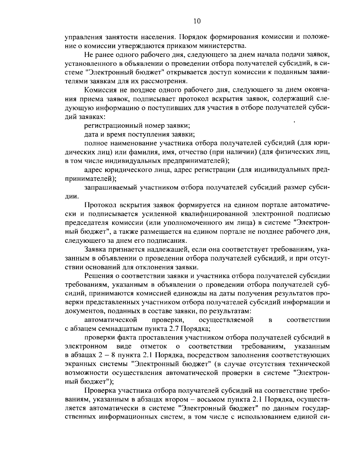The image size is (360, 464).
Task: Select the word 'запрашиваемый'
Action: click(107, 187)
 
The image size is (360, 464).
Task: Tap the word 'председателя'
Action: click(85, 223)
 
